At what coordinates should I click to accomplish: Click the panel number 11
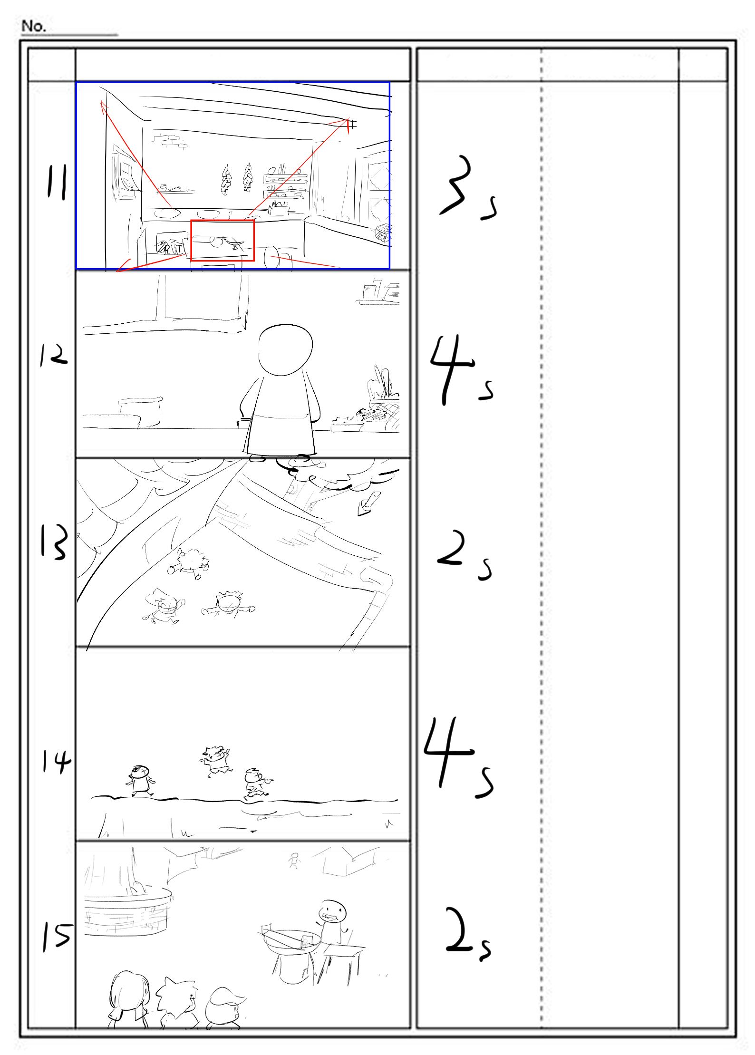click(x=56, y=182)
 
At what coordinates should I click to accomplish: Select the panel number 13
click(x=53, y=542)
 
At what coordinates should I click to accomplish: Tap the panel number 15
click(x=57, y=935)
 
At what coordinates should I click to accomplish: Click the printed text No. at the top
click(x=33, y=26)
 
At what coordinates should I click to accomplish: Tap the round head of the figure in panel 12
click(x=285, y=350)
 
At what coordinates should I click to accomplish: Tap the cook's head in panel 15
click(x=332, y=911)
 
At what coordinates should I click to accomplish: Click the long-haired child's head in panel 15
click(x=129, y=991)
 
